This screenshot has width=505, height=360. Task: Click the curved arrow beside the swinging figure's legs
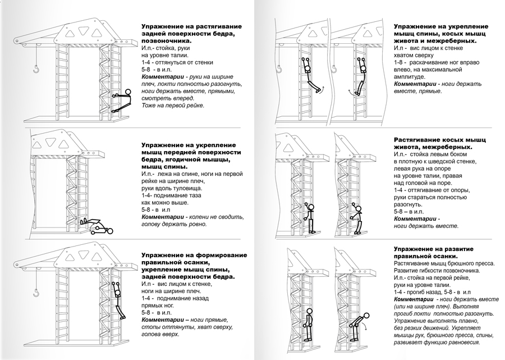[350, 92]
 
